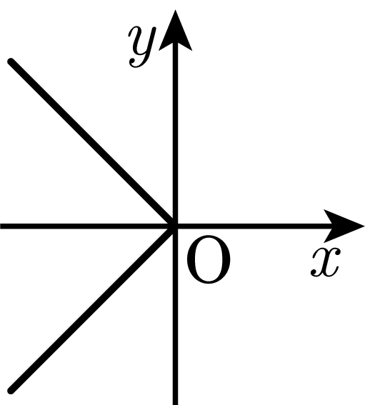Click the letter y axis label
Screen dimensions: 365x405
[142, 47]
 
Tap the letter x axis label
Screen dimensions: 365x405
[326, 262]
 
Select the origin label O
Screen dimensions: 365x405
[209, 259]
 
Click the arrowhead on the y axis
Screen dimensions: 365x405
[175, 30]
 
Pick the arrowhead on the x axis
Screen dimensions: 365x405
[344, 226]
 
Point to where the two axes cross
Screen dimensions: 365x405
[175, 226]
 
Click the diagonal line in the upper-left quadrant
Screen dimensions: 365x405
[93, 144]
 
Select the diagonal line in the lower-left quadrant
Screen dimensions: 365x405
[93, 309]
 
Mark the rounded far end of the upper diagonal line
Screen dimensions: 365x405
[11, 61]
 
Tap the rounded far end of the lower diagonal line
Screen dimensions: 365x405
[11, 391]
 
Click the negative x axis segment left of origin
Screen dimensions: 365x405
[88, 226]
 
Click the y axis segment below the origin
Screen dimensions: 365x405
[175, 316]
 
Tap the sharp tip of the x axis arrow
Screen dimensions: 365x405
[364, 226]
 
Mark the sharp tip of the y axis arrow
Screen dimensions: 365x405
[175, 10]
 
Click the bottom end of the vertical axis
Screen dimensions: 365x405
[175, 404]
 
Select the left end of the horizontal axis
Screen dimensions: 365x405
[1, 226]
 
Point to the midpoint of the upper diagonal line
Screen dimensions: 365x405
[93, 144]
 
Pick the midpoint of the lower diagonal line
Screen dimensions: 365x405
[93, 309]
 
